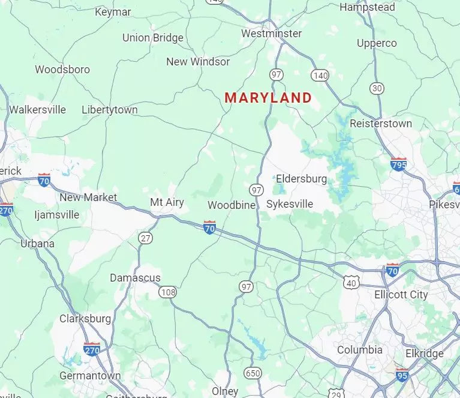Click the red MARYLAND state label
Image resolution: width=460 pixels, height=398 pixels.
(x=268, y=98)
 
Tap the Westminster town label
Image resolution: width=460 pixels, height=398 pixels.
(x=271, y=34)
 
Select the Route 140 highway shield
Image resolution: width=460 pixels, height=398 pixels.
(x=320, y=75)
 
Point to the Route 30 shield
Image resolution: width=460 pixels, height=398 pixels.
(x=377, y=88)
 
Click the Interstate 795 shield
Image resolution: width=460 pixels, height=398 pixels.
(x=398, y=164)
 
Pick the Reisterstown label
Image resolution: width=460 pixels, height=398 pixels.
(x=381, y=124)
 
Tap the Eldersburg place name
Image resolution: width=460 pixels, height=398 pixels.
(x=301, y=178)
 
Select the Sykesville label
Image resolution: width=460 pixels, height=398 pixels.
(x=290, y=204)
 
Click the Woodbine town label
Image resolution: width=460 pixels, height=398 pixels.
(x=231, y=205)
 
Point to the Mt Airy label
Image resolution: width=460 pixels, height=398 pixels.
(x=167, y=202)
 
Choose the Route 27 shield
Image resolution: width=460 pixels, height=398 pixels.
(x=145, y=238)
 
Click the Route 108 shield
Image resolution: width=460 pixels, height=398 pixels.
(x=168, y=292)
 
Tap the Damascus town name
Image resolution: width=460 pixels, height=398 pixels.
(x=135, y=278)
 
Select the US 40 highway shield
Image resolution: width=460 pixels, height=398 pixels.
(x=352, y=282)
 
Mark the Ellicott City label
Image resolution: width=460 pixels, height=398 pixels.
(x=401, y=295)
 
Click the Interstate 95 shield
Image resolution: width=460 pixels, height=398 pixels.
(x=402, y=375)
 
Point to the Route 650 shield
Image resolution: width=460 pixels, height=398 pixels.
(x=253, y=373)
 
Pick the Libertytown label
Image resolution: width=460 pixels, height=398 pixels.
(x=110, y=110)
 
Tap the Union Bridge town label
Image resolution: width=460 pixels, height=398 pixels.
(x=153, y=38)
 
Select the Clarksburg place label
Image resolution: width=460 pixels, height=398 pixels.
(x=85, y=319)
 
